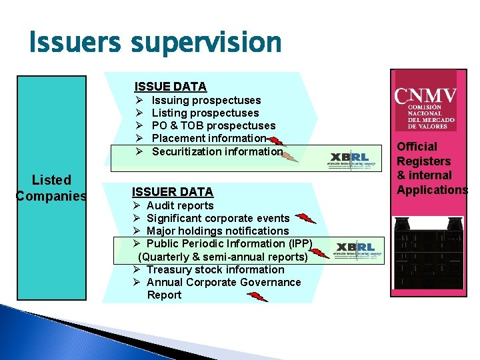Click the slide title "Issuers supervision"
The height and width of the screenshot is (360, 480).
155,43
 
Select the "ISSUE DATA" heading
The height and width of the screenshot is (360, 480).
170,86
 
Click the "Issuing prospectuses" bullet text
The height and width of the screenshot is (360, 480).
206,100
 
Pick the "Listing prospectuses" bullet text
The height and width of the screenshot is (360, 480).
205,113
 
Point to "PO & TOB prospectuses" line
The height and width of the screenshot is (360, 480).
213,125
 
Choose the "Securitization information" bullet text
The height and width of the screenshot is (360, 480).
217,151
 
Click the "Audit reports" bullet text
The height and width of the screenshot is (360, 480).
179,205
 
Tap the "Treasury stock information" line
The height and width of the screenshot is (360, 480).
215,269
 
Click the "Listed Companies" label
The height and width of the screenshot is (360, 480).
51,187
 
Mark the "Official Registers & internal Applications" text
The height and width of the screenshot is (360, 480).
431,168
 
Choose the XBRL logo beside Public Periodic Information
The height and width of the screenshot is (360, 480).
359,249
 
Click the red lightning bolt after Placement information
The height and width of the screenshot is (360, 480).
279,141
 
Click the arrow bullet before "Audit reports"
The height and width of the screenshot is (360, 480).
136,205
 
